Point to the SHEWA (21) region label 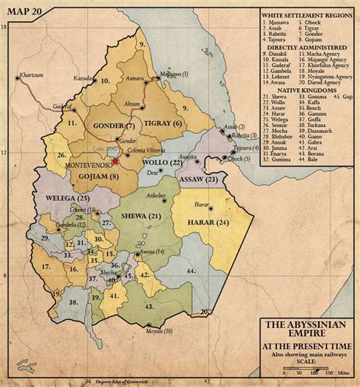click(x=143, y=217)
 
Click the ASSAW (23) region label click(x=200, y=179)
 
